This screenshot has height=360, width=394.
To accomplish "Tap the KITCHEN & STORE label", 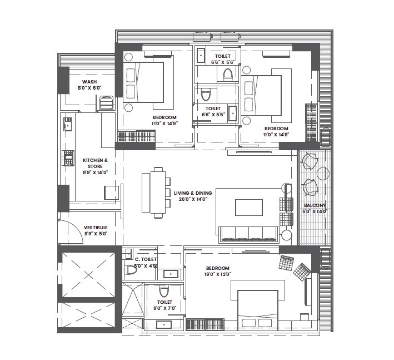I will (x=95, y=160).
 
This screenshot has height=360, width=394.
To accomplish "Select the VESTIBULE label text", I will (x=96, y=228).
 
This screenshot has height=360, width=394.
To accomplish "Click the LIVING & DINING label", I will (x=192, y=193).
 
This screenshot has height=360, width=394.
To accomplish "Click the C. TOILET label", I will (x=146, y=259).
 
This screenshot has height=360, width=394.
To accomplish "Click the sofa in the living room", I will (x=248, y=233).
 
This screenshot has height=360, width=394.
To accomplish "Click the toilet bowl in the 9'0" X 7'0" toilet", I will (x=163, y=292).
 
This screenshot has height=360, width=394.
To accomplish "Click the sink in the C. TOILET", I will (x=172, y=273).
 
